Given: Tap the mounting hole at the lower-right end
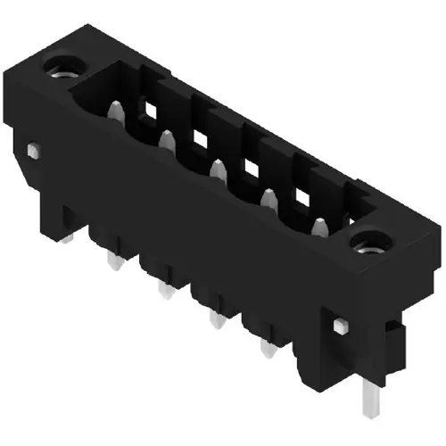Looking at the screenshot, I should pyautogui.click(x=369, y=241).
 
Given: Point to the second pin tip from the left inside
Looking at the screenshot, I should pyautogui.click(x=166, y=138).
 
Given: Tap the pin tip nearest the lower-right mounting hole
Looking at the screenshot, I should pyautogui.click(x=320, y=223).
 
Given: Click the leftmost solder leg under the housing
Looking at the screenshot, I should pyautogui.click(x=111, y=260).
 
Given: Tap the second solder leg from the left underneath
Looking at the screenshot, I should pyautogui.click(x=163, y=290).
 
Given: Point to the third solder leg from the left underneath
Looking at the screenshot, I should pyautogui.click(x=214, y=318).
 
